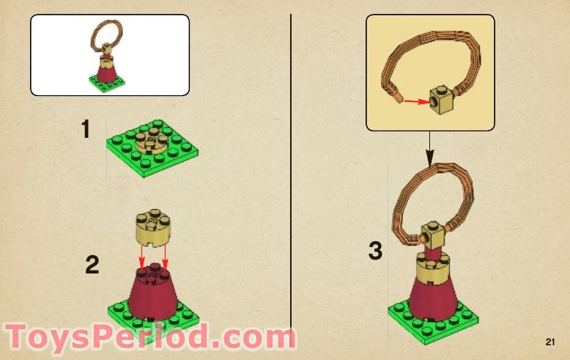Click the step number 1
click(86, 129)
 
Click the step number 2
click(92, 265)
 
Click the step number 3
click(375, 251)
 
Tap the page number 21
click(550, 342)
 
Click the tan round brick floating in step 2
click(153, 228)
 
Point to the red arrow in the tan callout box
click(418, 101)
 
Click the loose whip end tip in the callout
click(399, 98)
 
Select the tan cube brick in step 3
click(433, 235)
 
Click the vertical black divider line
click(291, 172)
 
